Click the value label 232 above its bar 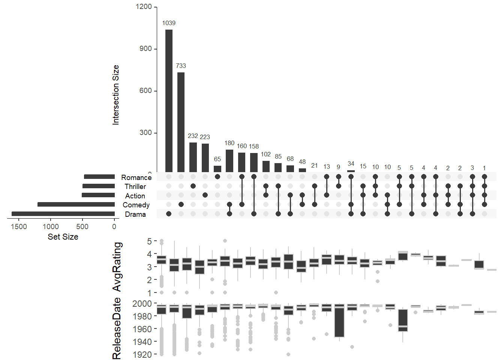(193, 136)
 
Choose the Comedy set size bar (76, 204)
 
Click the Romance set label (136, 177)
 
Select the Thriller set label (135, 186)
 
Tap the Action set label (135, 196)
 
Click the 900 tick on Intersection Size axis (145, 49)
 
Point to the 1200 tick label (144, 7)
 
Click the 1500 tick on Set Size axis (19, 226)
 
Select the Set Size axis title (63, 237)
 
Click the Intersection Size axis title (115, 94)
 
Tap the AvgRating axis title (117, 267)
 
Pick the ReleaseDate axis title (117, 328)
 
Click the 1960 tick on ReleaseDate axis (142, 329)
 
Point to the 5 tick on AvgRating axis (150, 241)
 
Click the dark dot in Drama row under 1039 (169, 214)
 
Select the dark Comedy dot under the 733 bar (181, 204)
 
